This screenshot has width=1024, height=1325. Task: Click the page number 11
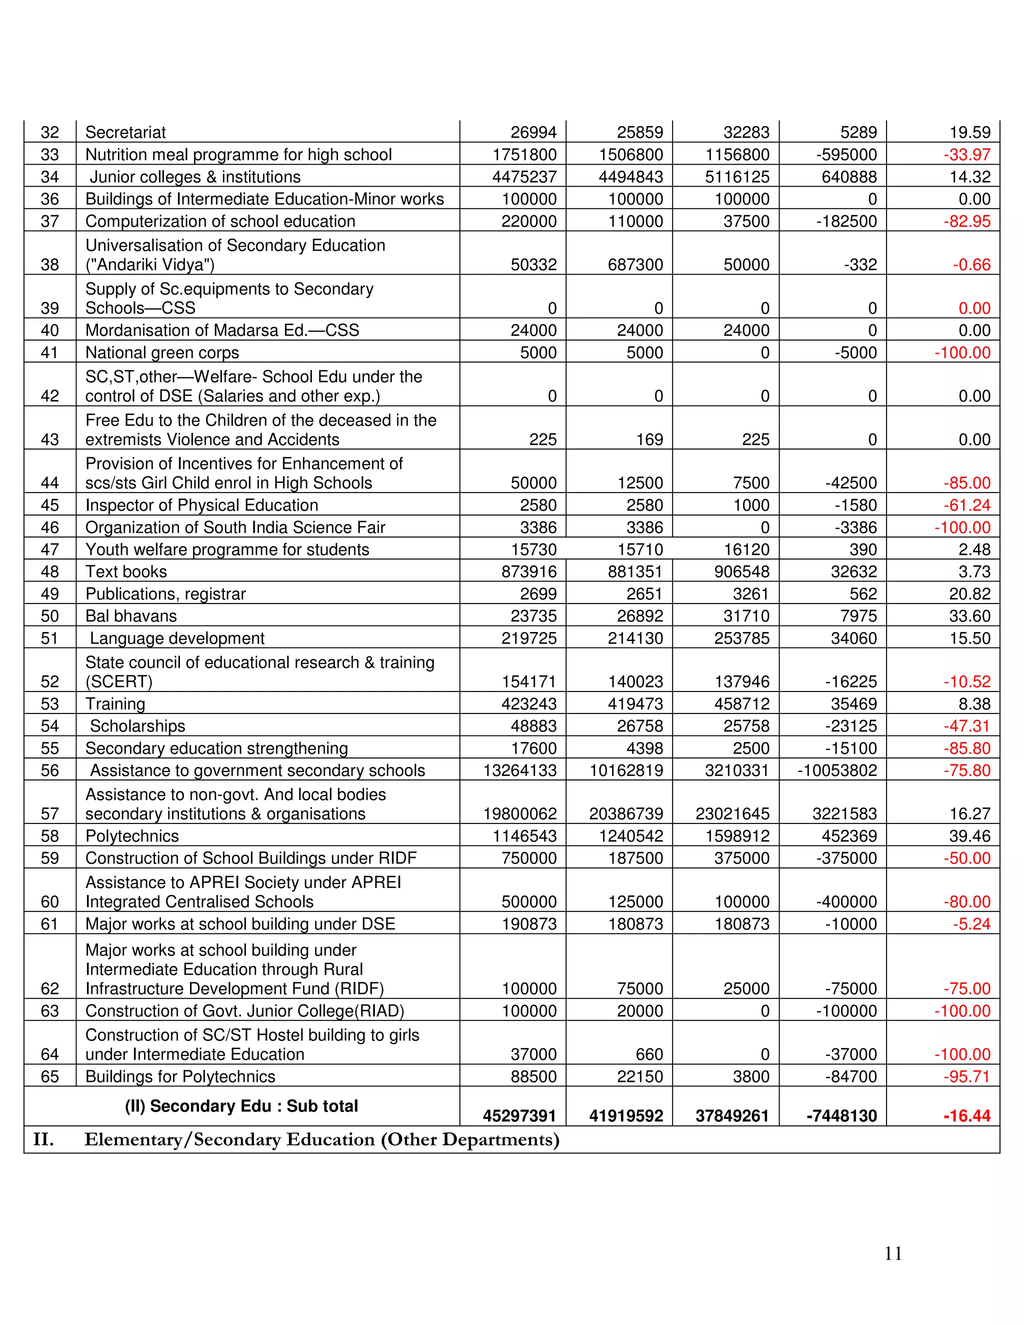(x=893, y=1253)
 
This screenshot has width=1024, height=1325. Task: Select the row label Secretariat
(x=125, y=132)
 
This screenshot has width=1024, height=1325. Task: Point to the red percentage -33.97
(x=966, y=154)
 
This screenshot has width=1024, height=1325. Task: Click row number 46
(x=49, y=527)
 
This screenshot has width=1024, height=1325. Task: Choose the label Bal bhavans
(x=131, y=616)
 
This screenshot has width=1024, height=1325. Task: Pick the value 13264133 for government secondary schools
(x=519, y=770)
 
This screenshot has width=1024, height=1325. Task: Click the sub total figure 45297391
(x=519, y=1115)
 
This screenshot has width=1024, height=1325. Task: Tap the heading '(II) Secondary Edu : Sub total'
(x=241, y=1106)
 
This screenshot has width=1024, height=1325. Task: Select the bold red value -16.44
(x=966, y=1115)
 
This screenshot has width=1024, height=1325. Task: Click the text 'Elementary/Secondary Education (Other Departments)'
(x=321, y=1139)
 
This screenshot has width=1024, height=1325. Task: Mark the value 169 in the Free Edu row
(x=649, y=439)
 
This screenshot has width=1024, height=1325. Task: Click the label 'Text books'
(x=126, y=571)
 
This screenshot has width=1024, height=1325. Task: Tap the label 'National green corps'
(x=162, y=352)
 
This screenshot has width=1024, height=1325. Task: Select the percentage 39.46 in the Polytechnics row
(x=969, y=836)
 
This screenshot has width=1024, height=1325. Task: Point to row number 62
(x=49, y=988)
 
